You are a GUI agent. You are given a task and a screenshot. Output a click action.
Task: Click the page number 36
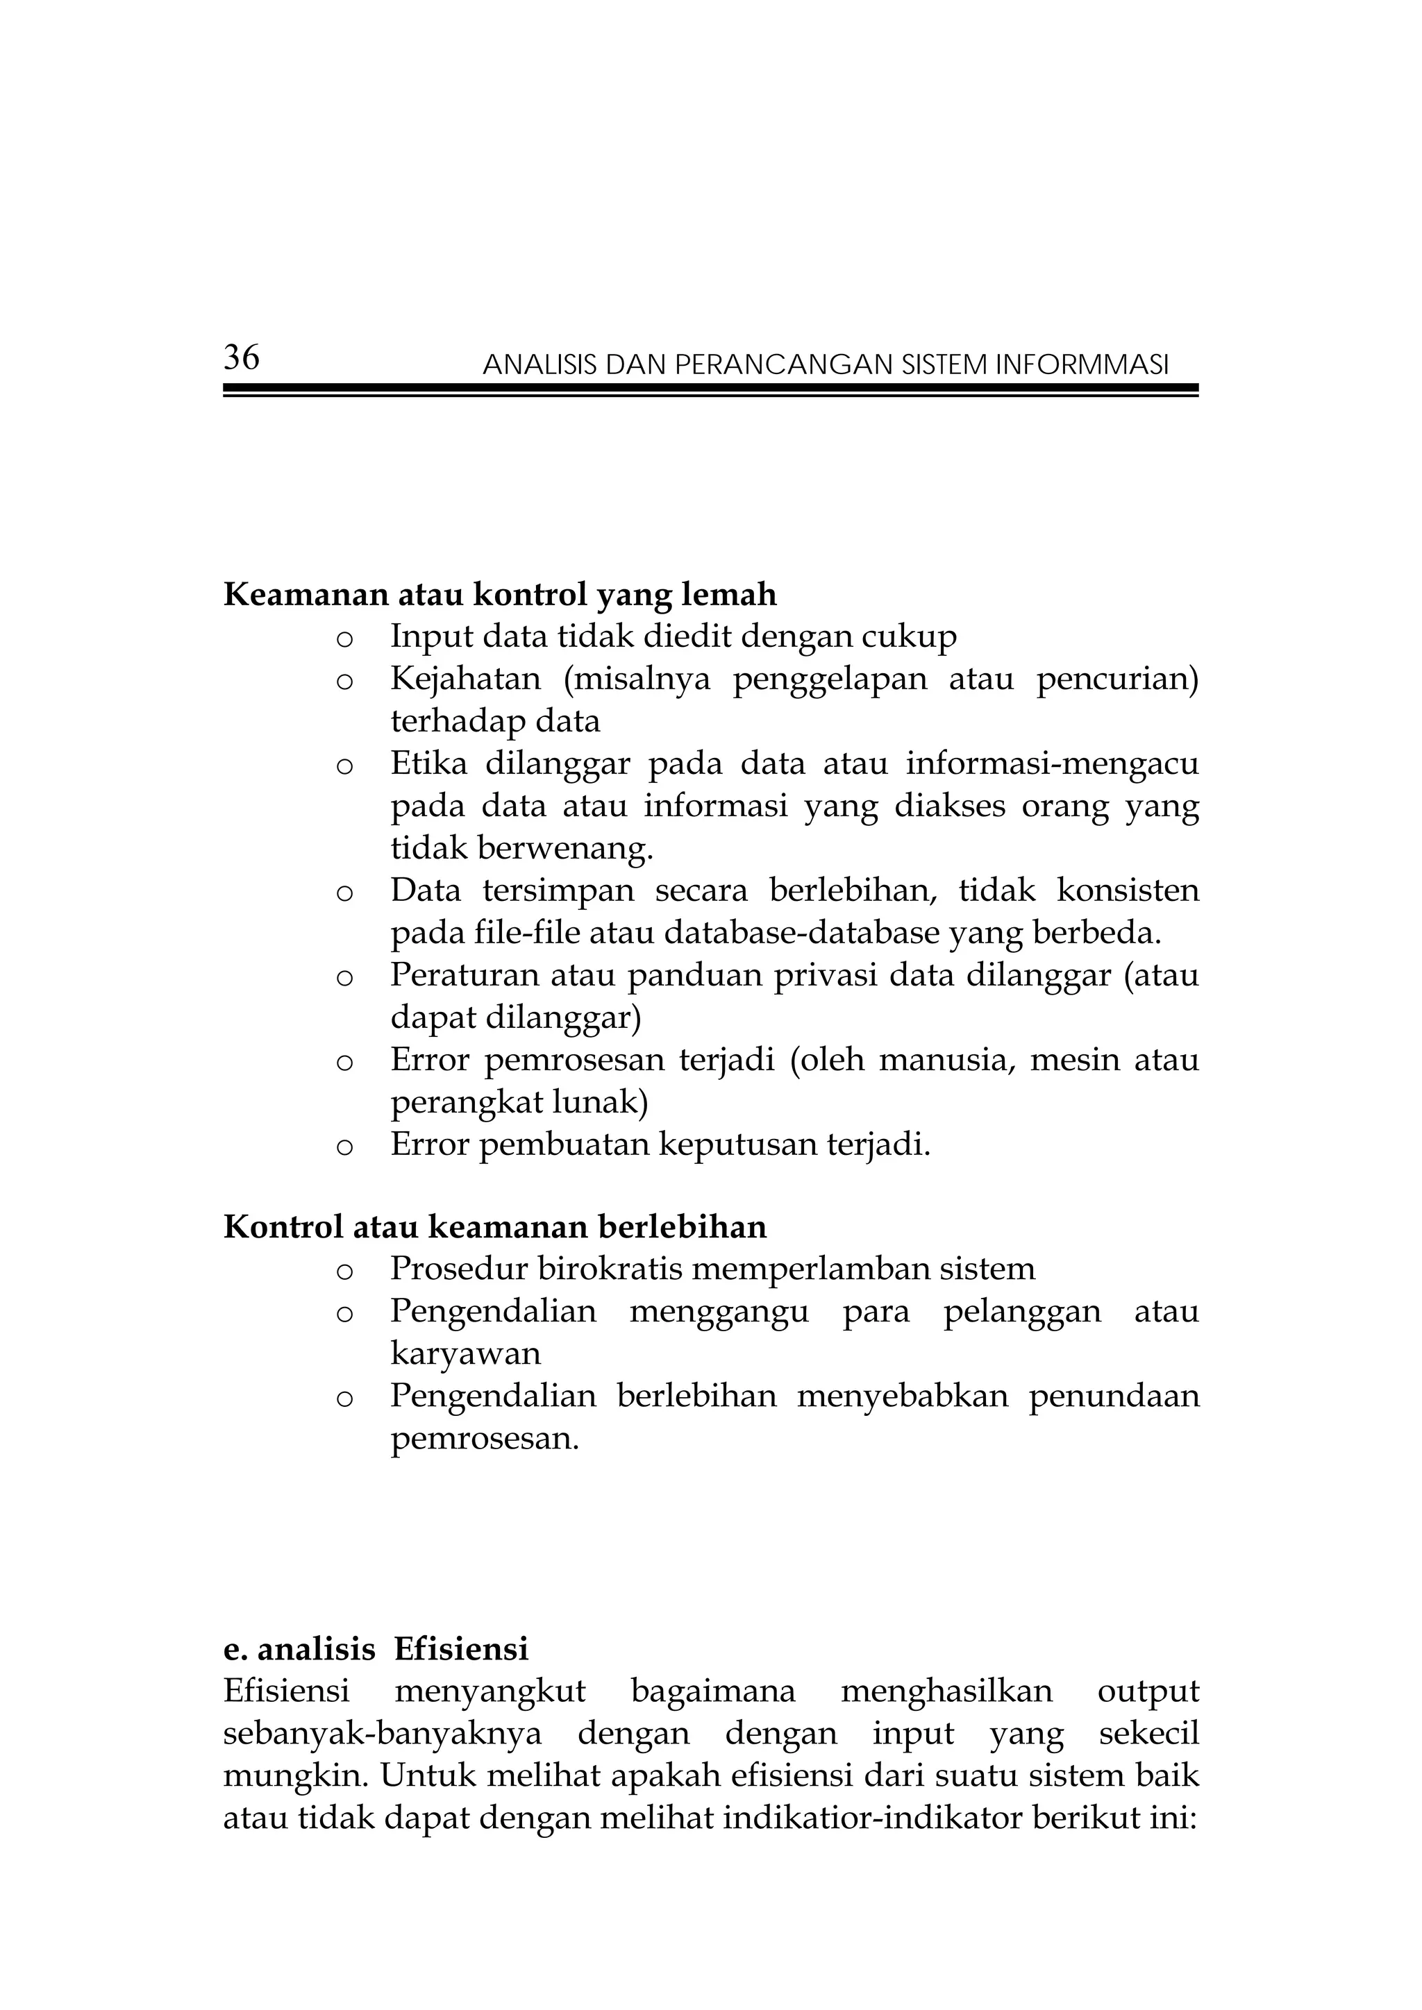click(x=242, y=357)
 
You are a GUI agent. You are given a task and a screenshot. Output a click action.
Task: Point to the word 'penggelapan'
click(x=829, y=679)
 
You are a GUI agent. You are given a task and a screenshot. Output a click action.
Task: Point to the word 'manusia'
click(x=940, y=1059)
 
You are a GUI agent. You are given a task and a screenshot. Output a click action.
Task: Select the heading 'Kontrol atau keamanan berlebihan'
click(x=495, y=1226)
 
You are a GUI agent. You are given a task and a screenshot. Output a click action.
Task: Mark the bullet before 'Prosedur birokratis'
click(x=344, y=1271)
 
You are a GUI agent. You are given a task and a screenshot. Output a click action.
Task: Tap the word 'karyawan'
click(x=466, y=1353)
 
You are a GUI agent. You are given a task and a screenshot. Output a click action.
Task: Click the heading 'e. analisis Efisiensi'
click(x=376, y=1648)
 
